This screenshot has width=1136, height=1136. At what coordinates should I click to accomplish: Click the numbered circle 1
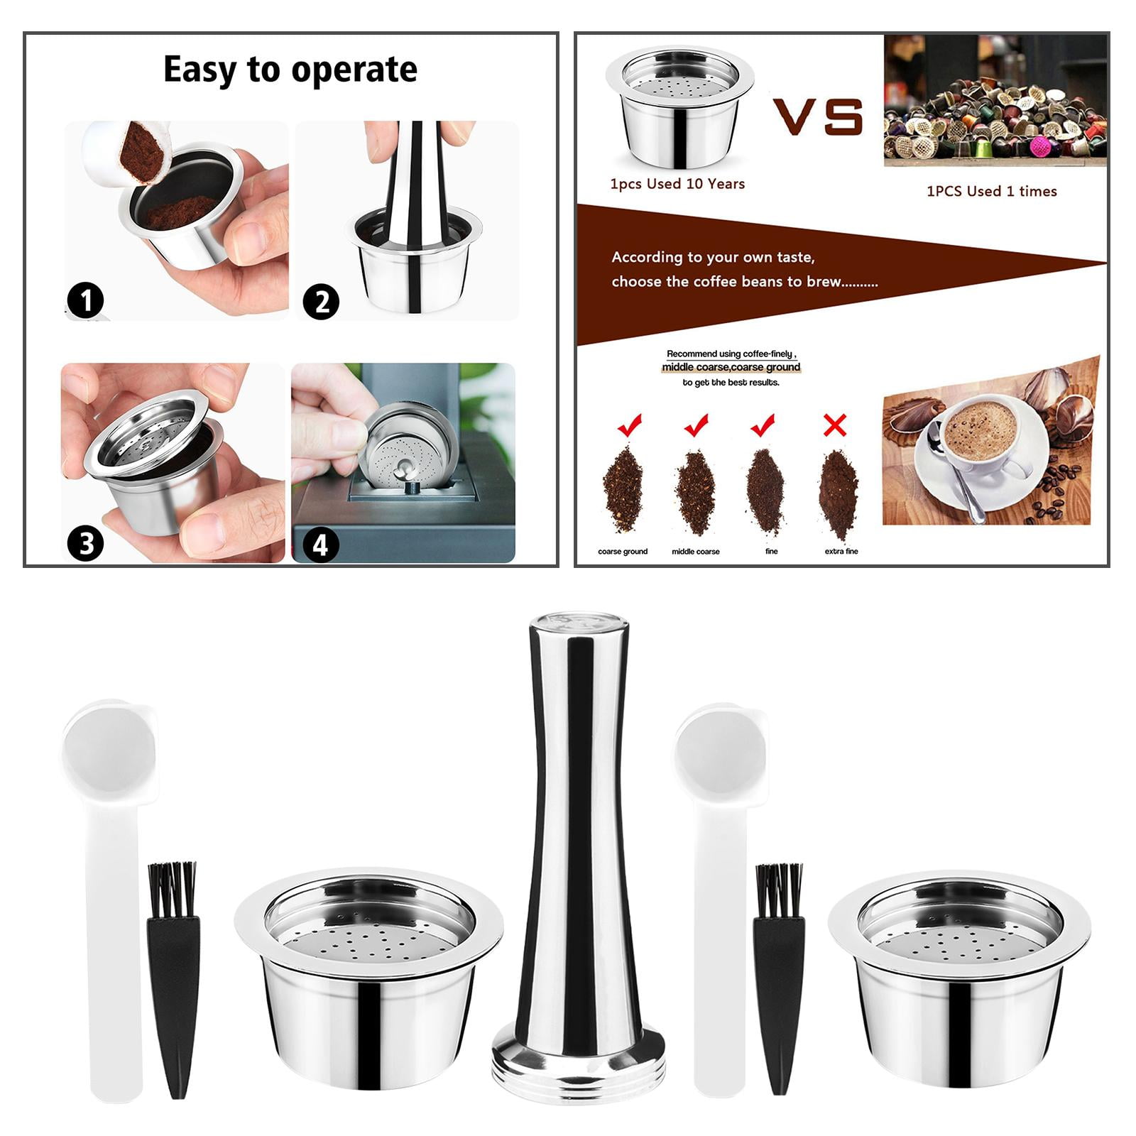coord(85,301)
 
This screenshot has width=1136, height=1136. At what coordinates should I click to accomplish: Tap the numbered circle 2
coord(321,302)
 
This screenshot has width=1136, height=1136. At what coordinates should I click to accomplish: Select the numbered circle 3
coord(85,545)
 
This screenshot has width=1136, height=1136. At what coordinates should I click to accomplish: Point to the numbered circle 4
coord(320,545)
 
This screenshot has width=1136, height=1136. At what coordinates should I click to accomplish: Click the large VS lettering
coord(818,116)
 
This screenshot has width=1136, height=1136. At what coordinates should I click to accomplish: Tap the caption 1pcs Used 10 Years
coord(677,184)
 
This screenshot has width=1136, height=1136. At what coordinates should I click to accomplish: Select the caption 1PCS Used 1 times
coord(991,191)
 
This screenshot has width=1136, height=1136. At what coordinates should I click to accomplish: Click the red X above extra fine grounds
coord(835,425)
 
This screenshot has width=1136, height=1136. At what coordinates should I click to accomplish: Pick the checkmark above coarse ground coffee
coord(629,425)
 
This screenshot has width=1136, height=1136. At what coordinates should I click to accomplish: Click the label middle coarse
coord(695,552)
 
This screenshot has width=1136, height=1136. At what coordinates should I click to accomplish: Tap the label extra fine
coord(841,552)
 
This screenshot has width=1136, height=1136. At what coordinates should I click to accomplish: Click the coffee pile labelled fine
coord(765,490)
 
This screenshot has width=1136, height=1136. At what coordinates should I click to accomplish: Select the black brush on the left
coord(173,980)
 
